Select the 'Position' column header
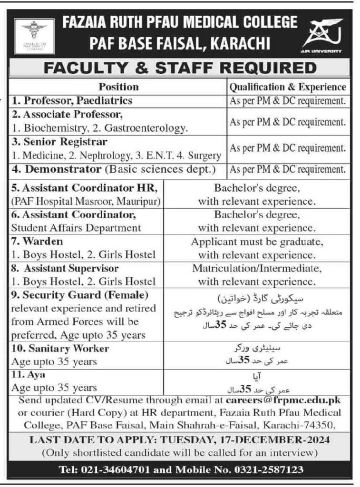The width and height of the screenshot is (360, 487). [x=118, y=87]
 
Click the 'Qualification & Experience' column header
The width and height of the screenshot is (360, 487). [x=288, y=87]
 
